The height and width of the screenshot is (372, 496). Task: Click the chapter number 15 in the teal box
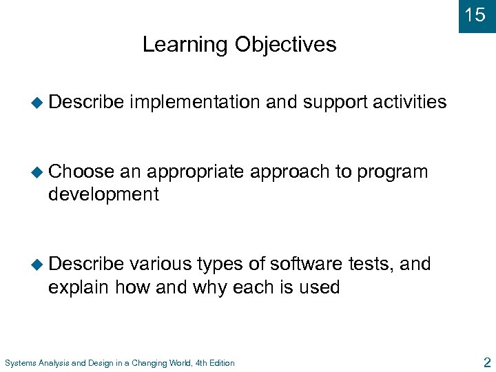point(475,14)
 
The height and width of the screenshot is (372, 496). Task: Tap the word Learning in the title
point(185,45)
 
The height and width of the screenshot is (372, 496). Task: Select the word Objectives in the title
point(285,45)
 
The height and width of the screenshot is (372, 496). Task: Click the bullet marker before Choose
point(37,172)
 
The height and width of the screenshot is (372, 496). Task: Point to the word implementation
point(195,103)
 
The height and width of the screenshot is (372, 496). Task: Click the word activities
point(410,103)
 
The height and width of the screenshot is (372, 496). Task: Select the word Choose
point(81,172)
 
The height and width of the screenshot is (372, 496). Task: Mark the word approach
point(289,172)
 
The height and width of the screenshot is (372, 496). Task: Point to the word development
point(103,194)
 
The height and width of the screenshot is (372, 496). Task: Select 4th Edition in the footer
point(215,363)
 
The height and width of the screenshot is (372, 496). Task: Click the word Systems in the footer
point(19,363)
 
